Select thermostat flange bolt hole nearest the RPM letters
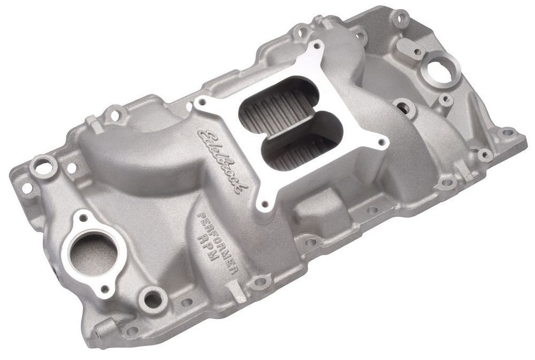(105, 288)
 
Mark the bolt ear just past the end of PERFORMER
(259, 280)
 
